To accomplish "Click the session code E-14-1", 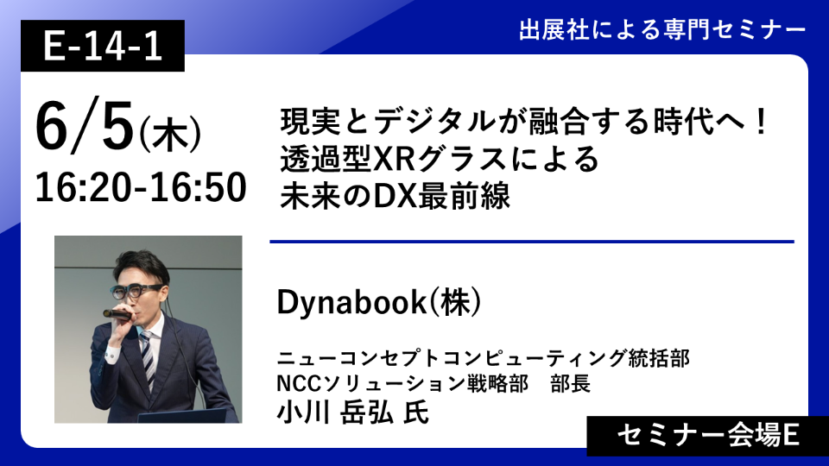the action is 103,46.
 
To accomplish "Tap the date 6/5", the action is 84,126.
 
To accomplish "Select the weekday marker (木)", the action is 170,135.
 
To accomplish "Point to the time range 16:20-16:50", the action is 141,187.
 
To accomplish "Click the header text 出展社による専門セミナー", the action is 662,30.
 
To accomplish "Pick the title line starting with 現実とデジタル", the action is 523,122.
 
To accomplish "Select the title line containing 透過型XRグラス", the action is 440,159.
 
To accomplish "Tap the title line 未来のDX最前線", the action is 395,196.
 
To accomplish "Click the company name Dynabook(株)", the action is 379,302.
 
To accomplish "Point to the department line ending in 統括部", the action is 484,358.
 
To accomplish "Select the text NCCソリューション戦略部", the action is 402,384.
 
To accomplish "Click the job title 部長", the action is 571,384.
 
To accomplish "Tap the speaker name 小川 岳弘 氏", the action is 352,412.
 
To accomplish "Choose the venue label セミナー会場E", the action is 708,436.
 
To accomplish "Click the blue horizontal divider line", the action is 532,242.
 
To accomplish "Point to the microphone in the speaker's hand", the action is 117,315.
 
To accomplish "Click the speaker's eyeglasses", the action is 136,291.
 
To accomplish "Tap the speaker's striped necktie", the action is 148,356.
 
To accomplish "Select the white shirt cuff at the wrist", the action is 111,355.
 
